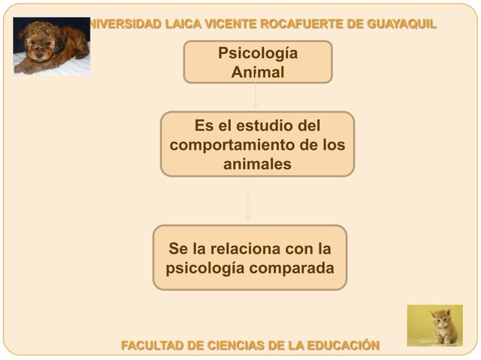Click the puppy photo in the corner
coord(51,47)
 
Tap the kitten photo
coord(434,325)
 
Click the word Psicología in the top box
coord(257,54)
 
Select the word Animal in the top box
coord(257,73)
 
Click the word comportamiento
coord(229,144)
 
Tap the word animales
coord(257,163)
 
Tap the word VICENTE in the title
coord(224,23)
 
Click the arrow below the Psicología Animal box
coord(256,96)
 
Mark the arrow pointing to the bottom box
coord(248,203)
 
